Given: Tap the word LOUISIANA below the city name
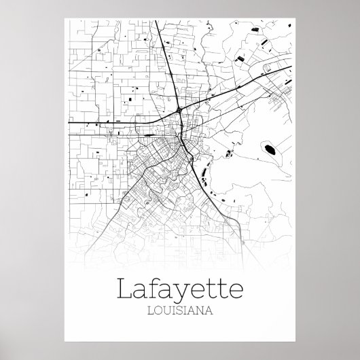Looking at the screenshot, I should pos(180,313).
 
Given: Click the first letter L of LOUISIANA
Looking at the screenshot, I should pos(149,313).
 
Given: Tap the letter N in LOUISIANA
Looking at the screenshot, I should pos(201,313).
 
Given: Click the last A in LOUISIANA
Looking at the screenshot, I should pos(210,313).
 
